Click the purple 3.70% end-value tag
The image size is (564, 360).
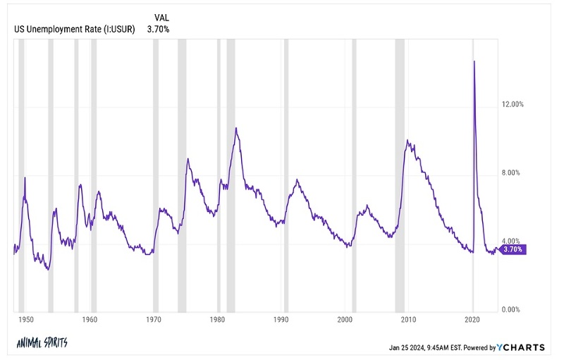pyautogui.click(x=512, y=249)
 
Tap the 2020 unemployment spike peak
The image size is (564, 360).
pyautogui.click(x=474, y=61)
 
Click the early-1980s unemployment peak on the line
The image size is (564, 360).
pyautogui.click(x=236, y=128)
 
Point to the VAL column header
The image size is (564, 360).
pyautogui.click(x=161, y=17)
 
